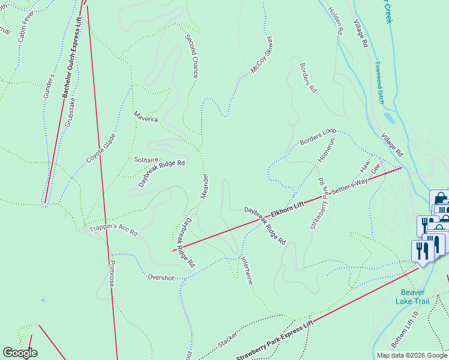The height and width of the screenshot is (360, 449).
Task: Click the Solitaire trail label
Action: click(x=146, y=160)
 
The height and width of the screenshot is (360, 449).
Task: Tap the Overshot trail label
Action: click(x=161, y=277)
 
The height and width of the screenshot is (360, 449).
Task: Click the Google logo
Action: click(x=20, y=353)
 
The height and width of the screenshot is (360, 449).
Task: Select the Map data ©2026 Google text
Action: click(x=412, y=355)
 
